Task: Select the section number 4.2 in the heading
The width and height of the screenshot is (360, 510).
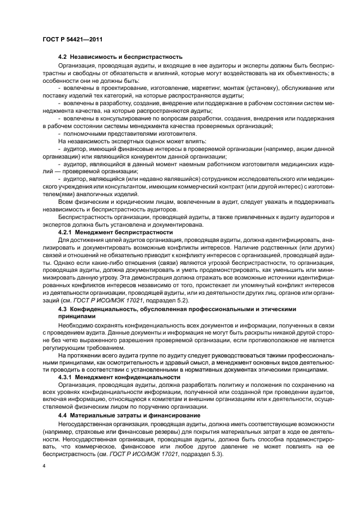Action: pyautogui.click(x=62, y=57)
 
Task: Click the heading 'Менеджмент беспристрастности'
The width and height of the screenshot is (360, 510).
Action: pyautogui.click(x=124, y=232)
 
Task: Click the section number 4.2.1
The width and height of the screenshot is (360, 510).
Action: pyautogui.click(x=65, y=232)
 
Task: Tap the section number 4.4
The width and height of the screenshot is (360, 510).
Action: pyautogui.click(x=62, y=415)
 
